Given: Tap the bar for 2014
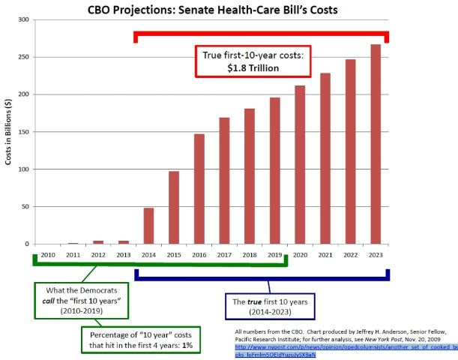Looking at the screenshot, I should pyautogui.click(x=148, y=226).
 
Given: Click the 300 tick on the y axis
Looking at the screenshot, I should pyautogui.click(x=23, y=19).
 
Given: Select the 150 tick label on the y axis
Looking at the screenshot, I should pyautogui.click(x=23, y=132).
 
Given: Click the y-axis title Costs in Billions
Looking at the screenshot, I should pyautogui.click(x=7, y=132).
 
